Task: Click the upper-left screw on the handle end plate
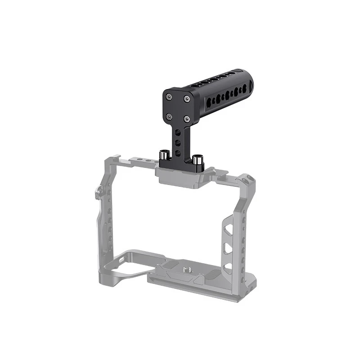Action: point(169,96)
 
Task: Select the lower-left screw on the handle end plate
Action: point(169,116)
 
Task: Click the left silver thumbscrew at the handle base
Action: point(163,157)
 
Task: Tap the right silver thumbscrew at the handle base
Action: point(197,159)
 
